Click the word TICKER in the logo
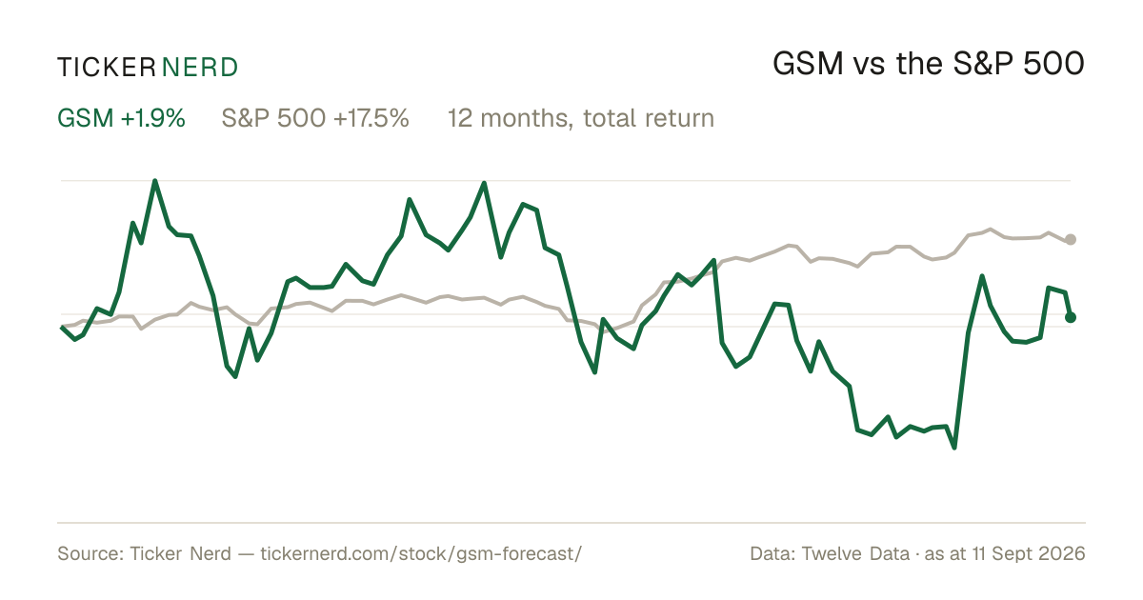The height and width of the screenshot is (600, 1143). coord(106,68)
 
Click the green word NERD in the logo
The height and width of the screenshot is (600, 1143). coord(199,68)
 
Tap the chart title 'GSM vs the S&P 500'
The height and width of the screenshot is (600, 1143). coord(928,64)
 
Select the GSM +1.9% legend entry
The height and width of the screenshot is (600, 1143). coord(121,118)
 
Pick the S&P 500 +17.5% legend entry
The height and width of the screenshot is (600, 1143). coord(315,118)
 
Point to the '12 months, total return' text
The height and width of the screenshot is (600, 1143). coord(581,119)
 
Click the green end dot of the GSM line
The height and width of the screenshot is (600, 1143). coord(1071,317)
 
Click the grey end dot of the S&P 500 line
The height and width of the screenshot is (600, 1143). coord(1071,239)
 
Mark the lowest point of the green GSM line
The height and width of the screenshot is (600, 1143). coord(954,448)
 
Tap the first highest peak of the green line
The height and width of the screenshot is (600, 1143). coord(155,181)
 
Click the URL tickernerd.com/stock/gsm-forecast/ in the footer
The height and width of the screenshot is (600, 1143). coord(421,553)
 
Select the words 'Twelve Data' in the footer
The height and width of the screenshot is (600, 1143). coord(855,553)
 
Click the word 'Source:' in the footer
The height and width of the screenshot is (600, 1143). coord(90,553)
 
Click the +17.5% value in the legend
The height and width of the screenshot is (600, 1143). coord(371,118)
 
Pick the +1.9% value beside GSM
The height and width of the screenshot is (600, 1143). coord(153,118)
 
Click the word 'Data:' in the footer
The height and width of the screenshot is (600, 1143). coord(772,553)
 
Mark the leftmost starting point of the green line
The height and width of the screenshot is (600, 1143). coord(62,327)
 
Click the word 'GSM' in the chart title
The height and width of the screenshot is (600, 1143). coord(808,64)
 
